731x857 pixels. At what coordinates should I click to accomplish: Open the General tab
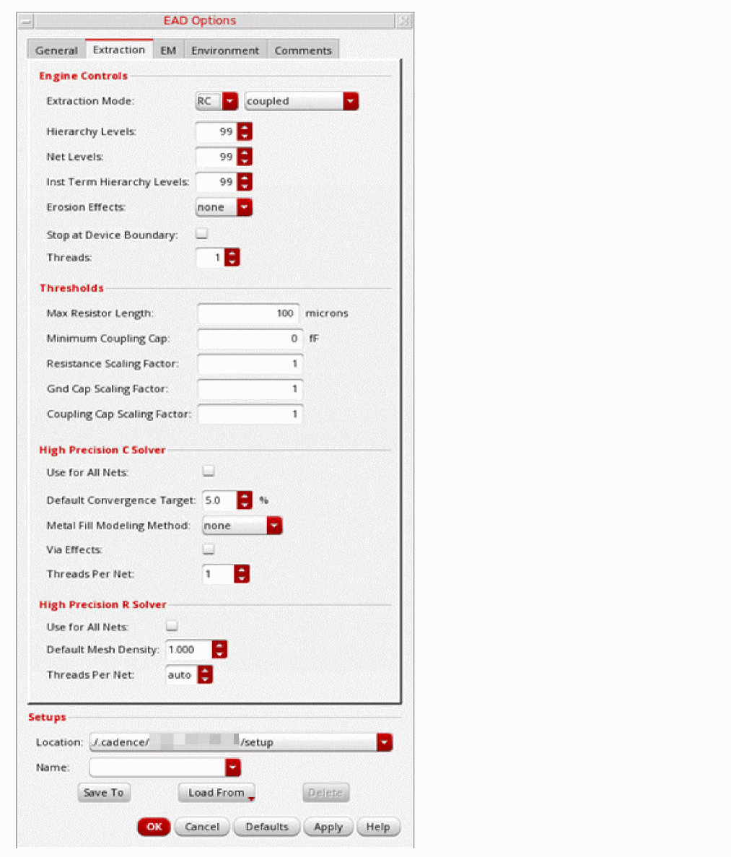pyautogui.click(x=56, y=51)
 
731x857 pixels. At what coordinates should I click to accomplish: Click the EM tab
pyautogui.click(x=168, y=51)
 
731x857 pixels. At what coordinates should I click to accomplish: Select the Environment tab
pyautogui.click(x=225, y=51)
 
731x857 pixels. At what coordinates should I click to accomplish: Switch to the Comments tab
pyautogui.click(x=303, y=51)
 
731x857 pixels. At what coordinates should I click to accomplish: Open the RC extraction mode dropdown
pyautogui.click(x=217, y=101)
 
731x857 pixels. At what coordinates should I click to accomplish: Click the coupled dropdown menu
pyautogui.click(x=301, y=101)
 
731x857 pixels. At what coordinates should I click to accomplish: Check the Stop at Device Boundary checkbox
pyautogui.click(x=202, y=234)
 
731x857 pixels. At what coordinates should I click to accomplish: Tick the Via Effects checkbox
pyautogui.click(x=209, y=549)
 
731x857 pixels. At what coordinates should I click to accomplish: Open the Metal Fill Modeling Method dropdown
pyautogui.click(x=242, y=526)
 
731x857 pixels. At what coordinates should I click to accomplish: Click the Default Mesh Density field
pyautogui.click(x=189, y=650)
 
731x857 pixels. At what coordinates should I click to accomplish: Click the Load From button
pyautogui.click(x=216, y=793)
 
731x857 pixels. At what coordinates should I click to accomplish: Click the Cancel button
pyautogui.click(x=202, y=827)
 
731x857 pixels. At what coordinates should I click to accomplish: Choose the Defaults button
pyautogui.click(x=267, y=827)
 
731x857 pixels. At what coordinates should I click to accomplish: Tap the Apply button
pyautogui.click(x=328, y=827)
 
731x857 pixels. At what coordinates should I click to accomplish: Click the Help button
pyautogui.click(x=378, y=827)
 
